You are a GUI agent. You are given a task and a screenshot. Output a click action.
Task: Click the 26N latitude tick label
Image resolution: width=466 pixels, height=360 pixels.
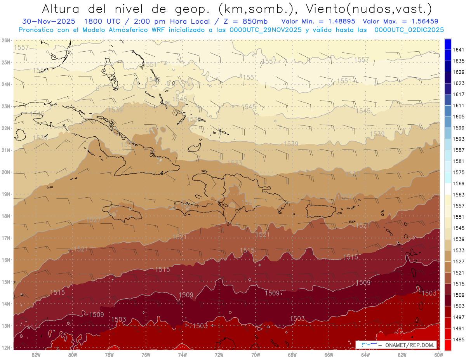pos(6,40)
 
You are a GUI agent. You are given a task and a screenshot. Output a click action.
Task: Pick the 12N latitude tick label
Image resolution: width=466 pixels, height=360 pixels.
pos(6,348)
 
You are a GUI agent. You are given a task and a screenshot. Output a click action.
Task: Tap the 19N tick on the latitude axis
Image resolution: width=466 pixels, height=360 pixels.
pos(6,194)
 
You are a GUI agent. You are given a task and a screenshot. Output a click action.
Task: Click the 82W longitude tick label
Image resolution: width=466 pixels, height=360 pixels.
pos(36,355)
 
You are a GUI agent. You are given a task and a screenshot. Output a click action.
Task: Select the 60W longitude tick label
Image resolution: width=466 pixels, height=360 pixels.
pos(439,355)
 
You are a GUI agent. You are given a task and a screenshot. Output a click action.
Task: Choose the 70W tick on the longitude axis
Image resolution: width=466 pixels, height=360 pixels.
pos(256,355)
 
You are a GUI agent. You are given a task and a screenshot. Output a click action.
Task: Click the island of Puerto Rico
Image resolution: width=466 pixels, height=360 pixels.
pos(321,210)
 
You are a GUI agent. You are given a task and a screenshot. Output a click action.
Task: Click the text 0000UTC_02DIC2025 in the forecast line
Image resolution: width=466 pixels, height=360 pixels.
pos(409,30)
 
